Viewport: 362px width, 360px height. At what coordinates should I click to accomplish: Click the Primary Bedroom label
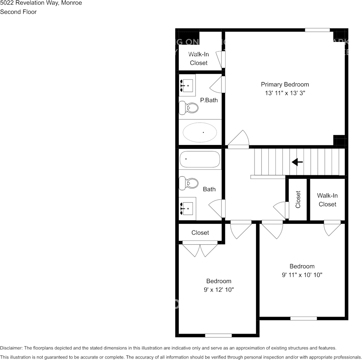[x=285, y=84]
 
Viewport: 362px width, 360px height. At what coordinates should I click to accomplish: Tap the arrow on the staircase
[x=297, y=162]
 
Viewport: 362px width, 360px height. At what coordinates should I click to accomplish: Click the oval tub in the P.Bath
[x=200, y=132]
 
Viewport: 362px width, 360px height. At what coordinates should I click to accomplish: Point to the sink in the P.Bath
[x=187, y=86]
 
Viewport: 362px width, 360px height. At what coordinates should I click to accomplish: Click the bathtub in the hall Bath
[x=200, y=159]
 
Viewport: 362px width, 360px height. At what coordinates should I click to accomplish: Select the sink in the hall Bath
[x=187, y=208]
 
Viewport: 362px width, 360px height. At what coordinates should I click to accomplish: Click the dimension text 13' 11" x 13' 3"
[x=285, y=93]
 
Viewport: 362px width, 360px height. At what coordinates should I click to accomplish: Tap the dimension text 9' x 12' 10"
[x=219, y=290]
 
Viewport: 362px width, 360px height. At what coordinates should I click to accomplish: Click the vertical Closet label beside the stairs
[x=298, y=199]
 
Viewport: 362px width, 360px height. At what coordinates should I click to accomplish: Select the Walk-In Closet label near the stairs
[x=327, y=200]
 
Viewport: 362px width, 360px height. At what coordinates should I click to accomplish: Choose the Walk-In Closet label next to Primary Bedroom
[x=199, y=59]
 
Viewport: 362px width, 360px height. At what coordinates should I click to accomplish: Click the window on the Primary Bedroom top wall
[x=317, y=30]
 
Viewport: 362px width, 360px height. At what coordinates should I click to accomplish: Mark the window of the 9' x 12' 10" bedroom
[x=218, y=335]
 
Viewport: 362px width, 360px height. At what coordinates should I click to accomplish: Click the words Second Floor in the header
[x=18, y=12]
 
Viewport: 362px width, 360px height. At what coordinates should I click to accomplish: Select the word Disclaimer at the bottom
[x=11, y=348]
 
